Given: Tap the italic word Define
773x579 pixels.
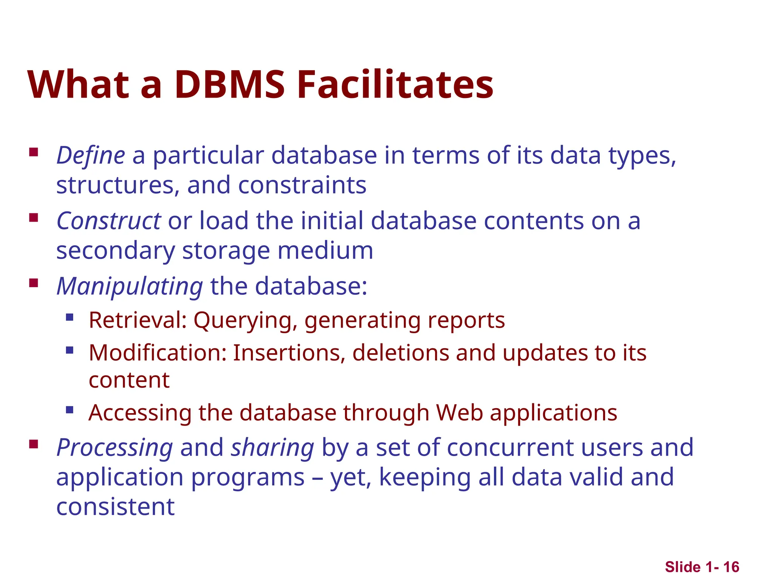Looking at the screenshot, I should click(x=91, y=155).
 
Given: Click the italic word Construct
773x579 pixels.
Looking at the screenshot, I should click(x=109, y=221).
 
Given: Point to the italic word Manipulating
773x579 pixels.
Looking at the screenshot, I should click(x=130, y=286).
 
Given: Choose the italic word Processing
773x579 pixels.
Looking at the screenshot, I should click(x=115, y=447).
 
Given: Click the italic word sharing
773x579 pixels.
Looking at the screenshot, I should click(x=273, y=447).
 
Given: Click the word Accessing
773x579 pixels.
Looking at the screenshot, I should click(x=140, y=413).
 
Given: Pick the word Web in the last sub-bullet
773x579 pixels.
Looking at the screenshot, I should click(x=459, y=413).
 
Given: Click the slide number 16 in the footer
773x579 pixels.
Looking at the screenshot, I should click(x=731, y=567).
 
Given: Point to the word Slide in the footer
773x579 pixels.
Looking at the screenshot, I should click(x=683, y=567).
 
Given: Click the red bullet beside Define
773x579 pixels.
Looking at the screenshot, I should click(x=34, y=152).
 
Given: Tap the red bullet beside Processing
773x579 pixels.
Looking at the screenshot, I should click(x=34, y=444).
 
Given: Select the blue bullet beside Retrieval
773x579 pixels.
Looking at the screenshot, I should click(x=69, y=317).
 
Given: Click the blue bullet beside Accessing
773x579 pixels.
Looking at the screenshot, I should click(x=69, y=409).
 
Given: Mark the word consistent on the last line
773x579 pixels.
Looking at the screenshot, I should click(x=115, y=507).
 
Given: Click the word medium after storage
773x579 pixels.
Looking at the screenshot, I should click(x=325, y=251).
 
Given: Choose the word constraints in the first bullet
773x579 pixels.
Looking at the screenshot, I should click(x=302, y=185).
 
